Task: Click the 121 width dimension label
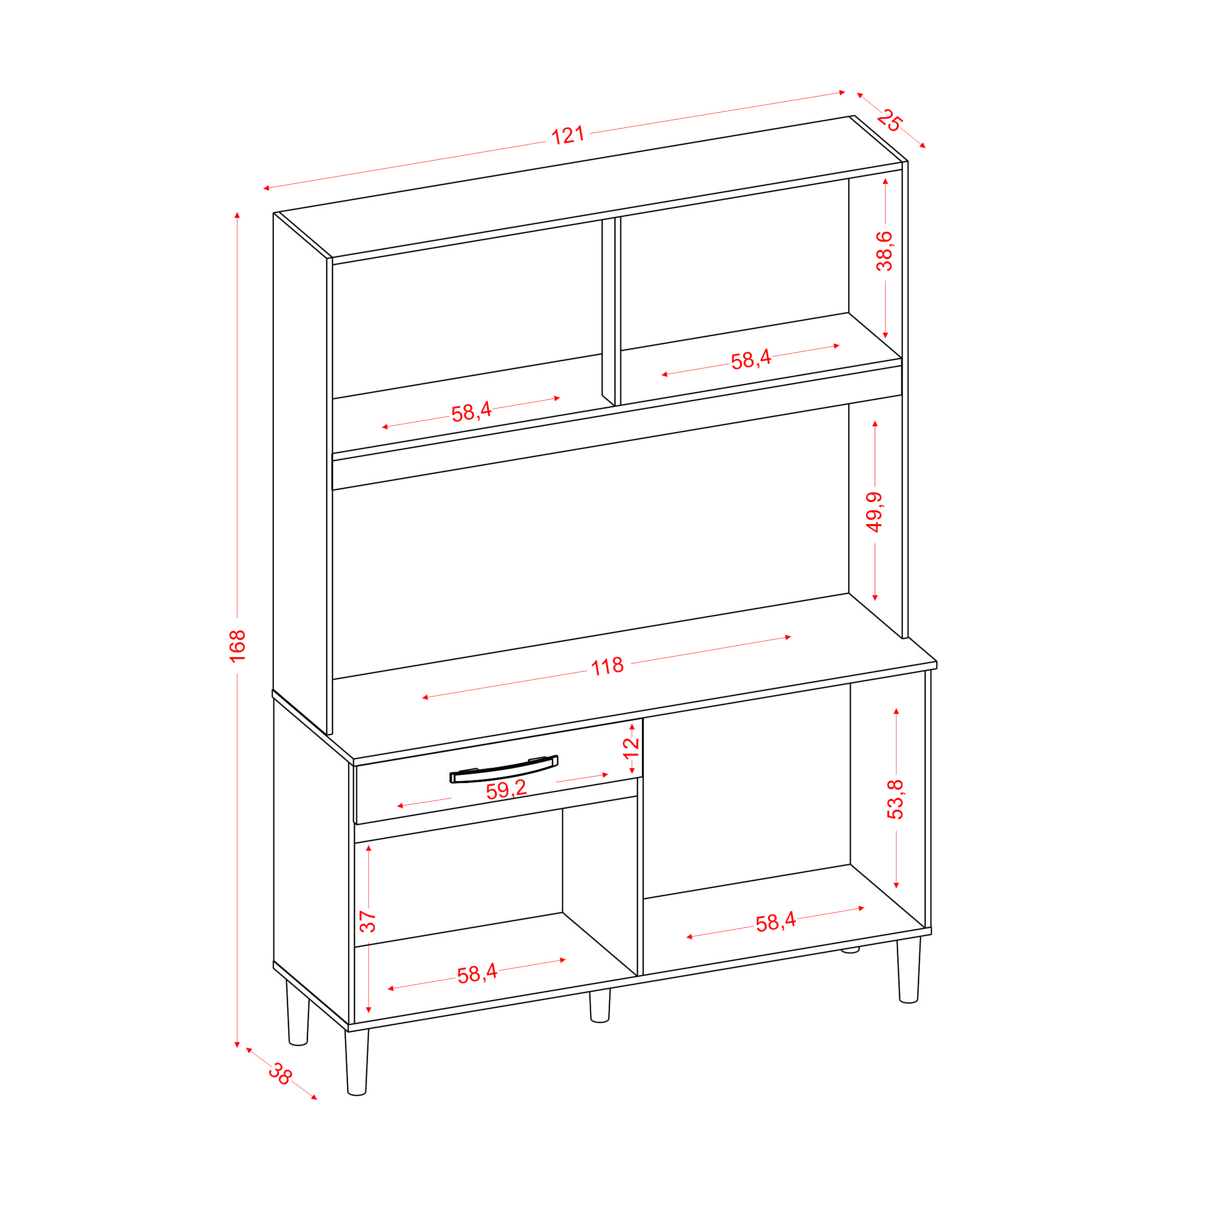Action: tap(567, 136)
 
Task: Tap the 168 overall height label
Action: tap(238, 645)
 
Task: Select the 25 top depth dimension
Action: tap(889, 120)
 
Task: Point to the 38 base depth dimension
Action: tap(280, 1074)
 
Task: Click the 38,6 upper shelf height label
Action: tap(884, 251)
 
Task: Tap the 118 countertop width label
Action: tap(608, 666)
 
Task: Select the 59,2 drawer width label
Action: tap(506, 790)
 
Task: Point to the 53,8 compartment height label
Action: tap(895, 799)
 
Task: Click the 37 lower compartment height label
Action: tap(368, 921)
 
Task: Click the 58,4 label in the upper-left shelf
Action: tap(471, 412)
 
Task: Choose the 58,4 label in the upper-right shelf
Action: tap(750, 360)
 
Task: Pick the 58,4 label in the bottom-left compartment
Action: tap(477, 974)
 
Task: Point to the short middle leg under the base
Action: tap(600, 1005)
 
